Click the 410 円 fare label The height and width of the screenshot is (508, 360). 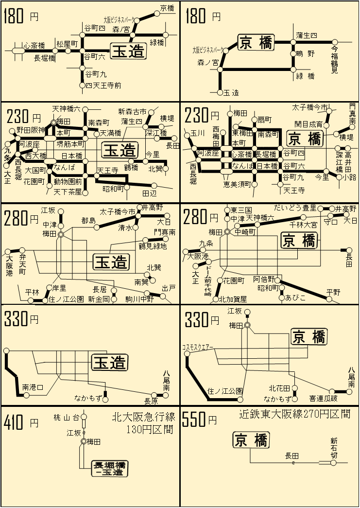20,423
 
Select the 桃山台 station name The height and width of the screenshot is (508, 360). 66,417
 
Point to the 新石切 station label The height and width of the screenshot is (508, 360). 334,447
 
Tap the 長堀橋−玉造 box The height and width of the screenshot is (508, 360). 110,468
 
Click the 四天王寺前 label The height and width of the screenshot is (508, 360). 103,86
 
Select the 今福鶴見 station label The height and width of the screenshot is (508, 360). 334,60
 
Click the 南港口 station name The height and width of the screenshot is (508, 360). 33,387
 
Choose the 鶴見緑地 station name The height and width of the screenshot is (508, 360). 153,246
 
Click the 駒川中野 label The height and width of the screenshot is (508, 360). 140,299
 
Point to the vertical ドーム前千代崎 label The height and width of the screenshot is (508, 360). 208,281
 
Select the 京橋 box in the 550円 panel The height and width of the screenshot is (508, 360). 250,440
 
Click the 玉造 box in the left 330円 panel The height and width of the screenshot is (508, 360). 110,362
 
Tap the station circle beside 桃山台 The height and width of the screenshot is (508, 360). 84,417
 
